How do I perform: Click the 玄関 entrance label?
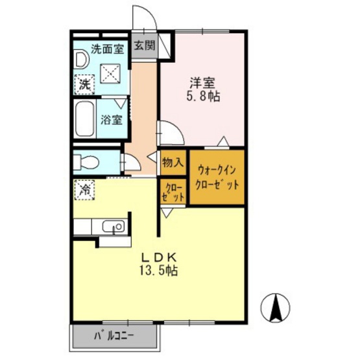(145, 46)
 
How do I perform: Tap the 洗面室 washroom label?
(107, 49)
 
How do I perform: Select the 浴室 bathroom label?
(112, 120)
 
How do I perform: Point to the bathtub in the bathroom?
(84, 119)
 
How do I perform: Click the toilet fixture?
(86, 161)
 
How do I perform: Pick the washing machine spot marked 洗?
(84, 84)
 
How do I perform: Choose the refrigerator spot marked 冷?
(84, 190)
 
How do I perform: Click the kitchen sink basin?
(114, 226)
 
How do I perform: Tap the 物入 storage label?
(173, 163)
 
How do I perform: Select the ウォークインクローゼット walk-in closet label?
(217, 178)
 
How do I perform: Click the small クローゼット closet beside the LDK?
(173, 191)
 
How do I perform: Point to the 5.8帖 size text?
(203, 96)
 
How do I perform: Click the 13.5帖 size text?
(158, 270)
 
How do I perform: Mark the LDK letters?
(160, 257)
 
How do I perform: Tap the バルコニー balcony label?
(114, 336)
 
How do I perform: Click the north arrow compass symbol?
(275, 308)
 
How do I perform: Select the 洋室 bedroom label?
(202, 83)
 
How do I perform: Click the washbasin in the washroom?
(82, 60)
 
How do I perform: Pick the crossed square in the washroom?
(110, 74)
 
